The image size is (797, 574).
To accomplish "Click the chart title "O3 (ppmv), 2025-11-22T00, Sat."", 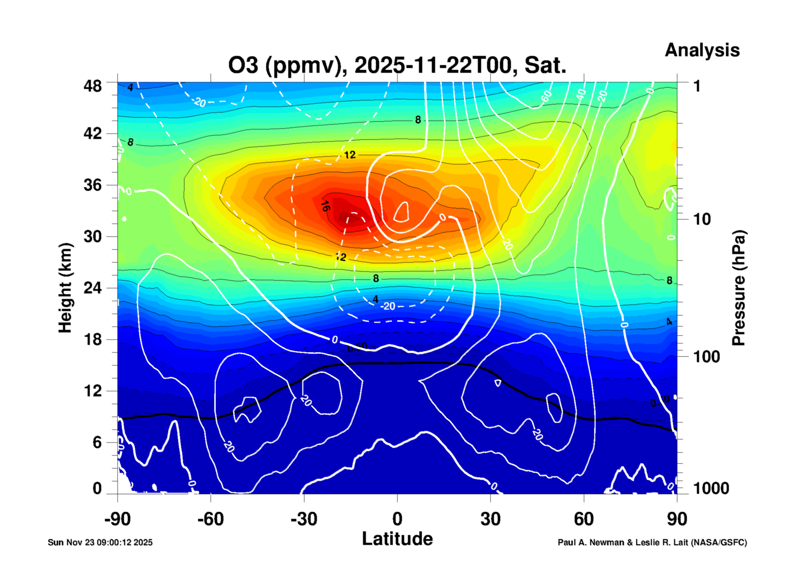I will (x=397, y=65).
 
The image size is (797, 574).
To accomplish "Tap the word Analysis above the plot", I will (x=702, y=50).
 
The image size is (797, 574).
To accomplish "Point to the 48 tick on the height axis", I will (x=92, y=86).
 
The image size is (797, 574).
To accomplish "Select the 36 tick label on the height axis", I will (x=92, y=185).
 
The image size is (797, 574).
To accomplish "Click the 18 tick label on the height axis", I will (x=92, y=339).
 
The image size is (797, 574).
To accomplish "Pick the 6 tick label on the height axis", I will (x=97, y=442).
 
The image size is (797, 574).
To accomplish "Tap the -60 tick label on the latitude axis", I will (x=210, y=519).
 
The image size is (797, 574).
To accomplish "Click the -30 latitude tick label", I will (x=304, y=519).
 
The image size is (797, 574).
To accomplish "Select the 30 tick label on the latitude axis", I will (x=490, y=519).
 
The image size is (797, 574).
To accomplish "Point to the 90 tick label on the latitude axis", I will (x=677, y=519).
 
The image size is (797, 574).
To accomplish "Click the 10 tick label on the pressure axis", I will (x=702, y=220).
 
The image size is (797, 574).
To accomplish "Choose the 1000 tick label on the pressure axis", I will (x=711, y=488).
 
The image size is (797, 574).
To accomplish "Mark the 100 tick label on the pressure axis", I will (x=706, y=357).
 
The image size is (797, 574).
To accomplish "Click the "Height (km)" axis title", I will (x=65, y=288).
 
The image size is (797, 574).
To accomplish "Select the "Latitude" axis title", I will (x=397, y=539).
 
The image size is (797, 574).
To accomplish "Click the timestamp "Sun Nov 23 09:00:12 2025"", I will (x=100, y=542).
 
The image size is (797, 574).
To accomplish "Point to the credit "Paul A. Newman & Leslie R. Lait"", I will (x=623, y=542).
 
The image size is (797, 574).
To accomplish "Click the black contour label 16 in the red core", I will (x=325, y=206).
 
